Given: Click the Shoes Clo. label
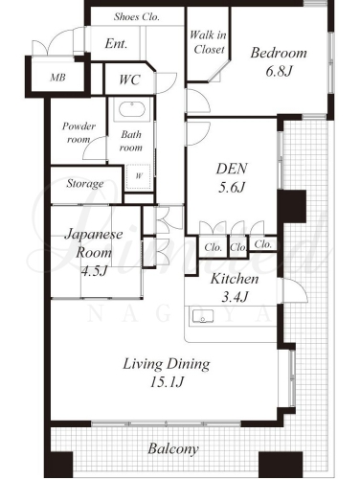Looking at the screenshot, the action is (136, 16).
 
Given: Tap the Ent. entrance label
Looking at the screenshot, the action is (116, 44).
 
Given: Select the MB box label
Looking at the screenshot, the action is (57, 78).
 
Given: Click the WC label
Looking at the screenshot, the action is (129, 80).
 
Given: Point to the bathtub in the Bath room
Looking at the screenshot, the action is (132, 110).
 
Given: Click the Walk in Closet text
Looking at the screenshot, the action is (208, 42).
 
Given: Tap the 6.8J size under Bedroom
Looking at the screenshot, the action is (279, 71).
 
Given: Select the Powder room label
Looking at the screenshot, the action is (79, 132).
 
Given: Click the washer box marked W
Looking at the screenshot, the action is (139, 176).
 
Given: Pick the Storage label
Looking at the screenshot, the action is (85, 184).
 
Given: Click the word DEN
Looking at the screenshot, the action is (232, 169).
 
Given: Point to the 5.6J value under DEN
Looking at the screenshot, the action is (232, 188).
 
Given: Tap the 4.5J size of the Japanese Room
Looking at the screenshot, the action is (94, 271).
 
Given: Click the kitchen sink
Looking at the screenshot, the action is (203, 316).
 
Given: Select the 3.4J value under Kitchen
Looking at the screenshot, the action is (235, 297).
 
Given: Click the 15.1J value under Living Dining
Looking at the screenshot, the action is (167, 382).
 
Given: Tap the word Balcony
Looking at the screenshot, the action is (173, 449).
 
